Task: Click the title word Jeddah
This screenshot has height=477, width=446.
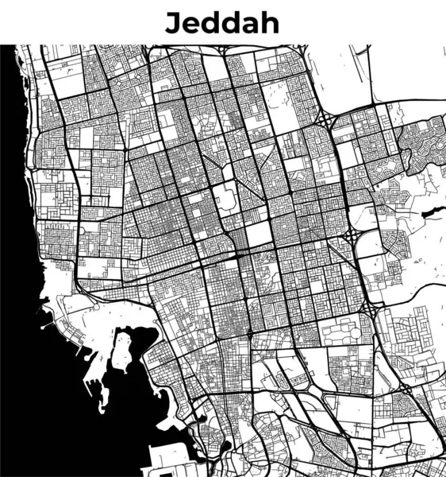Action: (222, 22)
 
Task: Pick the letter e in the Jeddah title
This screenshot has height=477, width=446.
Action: (190, 25)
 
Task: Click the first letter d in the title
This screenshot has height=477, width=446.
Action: (210, 22)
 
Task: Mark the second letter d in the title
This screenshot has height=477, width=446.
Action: (230, 22)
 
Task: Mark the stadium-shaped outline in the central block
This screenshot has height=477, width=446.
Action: (225, 195)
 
